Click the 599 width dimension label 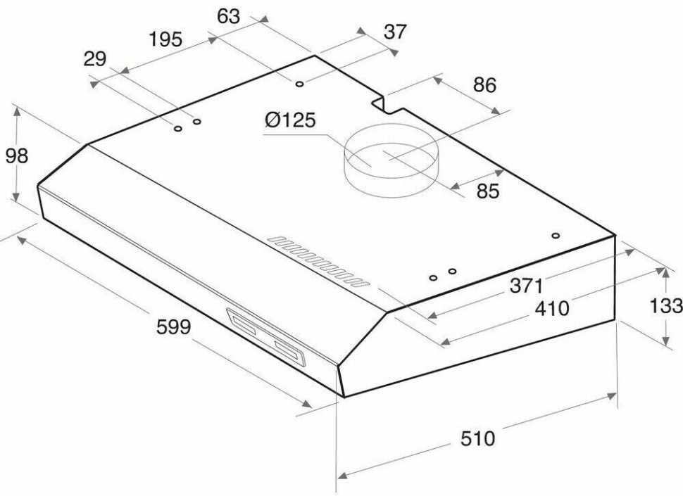point(173,326)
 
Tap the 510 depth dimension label point(478,438)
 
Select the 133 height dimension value point(666,305)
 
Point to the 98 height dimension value point(17,155)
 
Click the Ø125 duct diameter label point(289,120)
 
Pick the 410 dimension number point(552,308)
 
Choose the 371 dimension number point(527,286)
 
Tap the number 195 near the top point(165,39)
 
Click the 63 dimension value point(228,16)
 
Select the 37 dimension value point(395,32)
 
